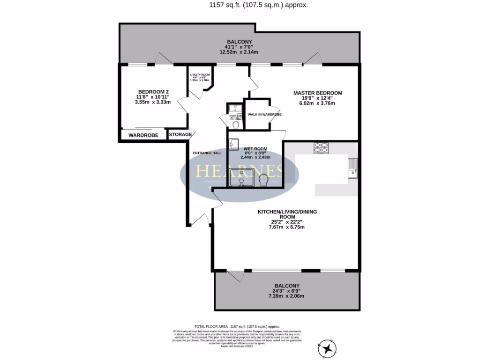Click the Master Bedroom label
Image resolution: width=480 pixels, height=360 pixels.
click(x=317, y=93)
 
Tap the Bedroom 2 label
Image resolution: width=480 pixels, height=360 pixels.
click(x=153, y=92)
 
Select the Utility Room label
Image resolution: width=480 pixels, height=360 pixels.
click(x=200, y=75)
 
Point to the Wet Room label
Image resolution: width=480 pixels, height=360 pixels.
click(x=255, y=149)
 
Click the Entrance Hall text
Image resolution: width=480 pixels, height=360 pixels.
click(x=207, y=153)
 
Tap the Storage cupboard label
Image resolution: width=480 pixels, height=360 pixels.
click(x=180, y=135)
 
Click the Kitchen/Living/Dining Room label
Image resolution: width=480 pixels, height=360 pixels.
click(x=287, y=214)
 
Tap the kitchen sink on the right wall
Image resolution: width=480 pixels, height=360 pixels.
click(x=352, y=168)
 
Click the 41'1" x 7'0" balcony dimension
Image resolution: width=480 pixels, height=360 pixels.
click(x=239, y=47)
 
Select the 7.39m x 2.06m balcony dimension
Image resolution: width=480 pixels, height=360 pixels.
click(x=286, y=296)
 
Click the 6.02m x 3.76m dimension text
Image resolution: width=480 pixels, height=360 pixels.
click(x=317, y=103)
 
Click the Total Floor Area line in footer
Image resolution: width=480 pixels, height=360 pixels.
click(x=237, y=326)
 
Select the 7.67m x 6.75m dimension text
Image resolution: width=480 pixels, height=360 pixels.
click(x=287, y=227)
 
